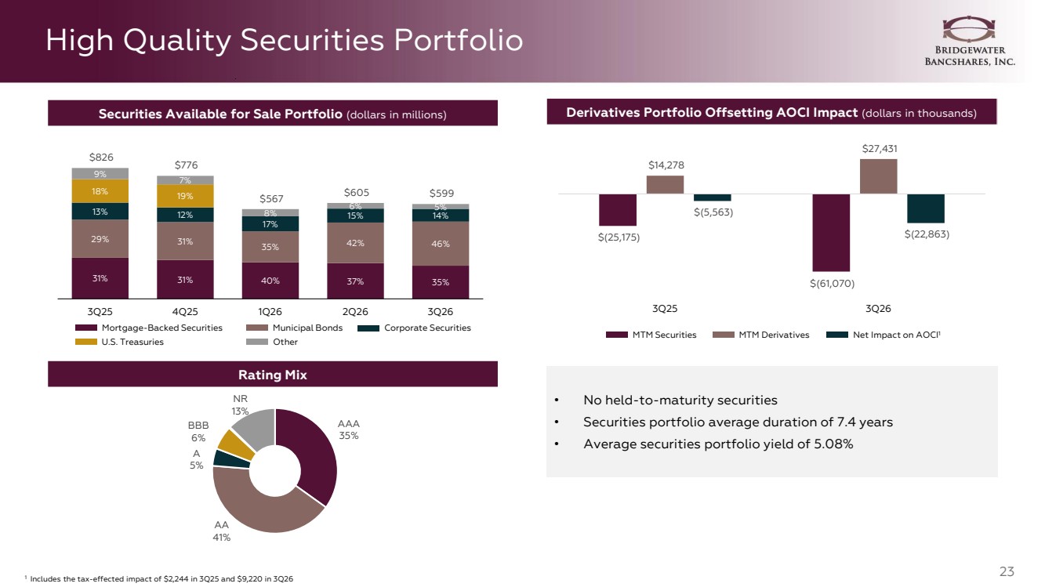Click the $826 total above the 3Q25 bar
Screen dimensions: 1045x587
tap(101, 157)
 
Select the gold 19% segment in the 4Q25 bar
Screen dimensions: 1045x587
tap(185, 196)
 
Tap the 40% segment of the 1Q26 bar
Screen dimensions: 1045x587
tap(270, 281)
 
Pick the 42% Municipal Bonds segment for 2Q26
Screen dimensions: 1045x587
tap(355, 243)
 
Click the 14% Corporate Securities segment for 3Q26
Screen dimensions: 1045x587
tap(441, 216)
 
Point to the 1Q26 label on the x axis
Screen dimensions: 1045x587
tap(270, 311)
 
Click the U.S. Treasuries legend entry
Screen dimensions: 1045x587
tap(119, 342)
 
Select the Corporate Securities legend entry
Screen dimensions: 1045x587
tap(414, 328)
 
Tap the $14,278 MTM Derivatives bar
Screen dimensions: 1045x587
tap(665, 185)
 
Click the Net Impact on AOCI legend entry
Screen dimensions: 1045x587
tap(884, 335)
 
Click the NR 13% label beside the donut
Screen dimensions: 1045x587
tap(240, 404)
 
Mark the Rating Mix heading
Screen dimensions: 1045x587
tap(273, 375)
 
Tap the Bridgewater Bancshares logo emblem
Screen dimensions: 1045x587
tap(969, 29)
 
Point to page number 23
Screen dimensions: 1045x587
tap(1007, 571)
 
